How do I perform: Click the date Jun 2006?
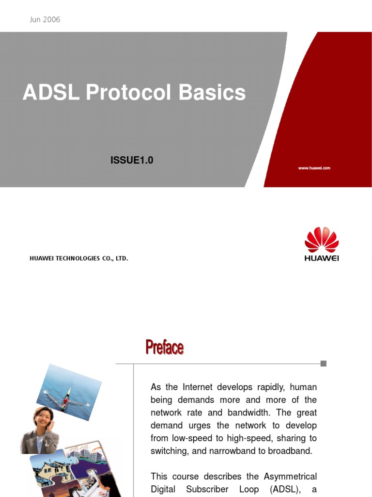45,20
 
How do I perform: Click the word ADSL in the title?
51,93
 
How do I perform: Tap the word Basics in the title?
212,93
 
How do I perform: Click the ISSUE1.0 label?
132,160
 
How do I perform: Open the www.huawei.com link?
314,168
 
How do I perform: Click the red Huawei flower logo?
321,240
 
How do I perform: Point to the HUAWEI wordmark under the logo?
321,258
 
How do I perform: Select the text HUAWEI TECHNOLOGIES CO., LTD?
79,259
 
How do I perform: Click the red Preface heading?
165,348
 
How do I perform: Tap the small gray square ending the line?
324,364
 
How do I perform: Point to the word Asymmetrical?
290,477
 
